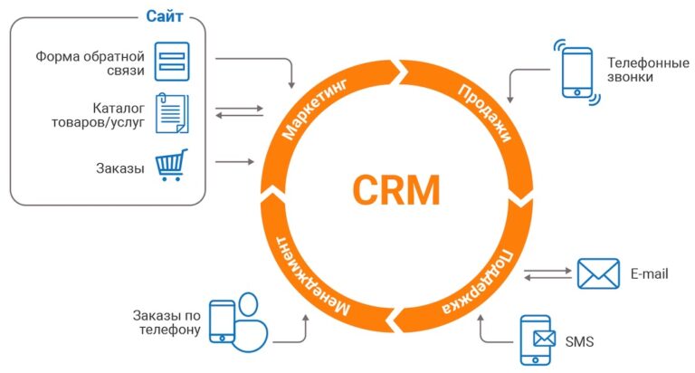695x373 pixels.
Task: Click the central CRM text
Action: point(395,190)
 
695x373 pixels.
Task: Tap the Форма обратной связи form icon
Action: point(171,62)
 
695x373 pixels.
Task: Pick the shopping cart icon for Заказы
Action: point(172,166)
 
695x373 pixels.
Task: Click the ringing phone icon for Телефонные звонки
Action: point(576,72)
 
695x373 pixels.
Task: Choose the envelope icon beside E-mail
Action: point(597,273)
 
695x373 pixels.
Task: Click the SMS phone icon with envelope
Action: point(538,340)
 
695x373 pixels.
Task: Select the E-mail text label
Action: point(649,273)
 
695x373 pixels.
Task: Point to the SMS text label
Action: point(579,341)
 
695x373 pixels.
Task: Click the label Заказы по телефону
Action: point(165,322)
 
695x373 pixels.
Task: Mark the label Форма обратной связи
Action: point(90,63)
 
